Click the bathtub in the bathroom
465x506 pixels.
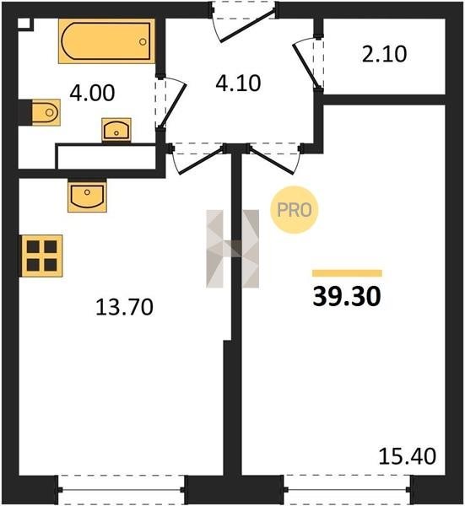(x=106, y=41)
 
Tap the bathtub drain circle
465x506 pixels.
(x=143, y=41)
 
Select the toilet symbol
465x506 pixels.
(x=46, y=112)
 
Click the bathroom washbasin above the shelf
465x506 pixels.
(x=116, y=130)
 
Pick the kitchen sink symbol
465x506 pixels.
(x=87, y=196)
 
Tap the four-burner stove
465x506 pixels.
(x=42, y=256)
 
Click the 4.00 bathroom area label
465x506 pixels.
(x=92, y=93)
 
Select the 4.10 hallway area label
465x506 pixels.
(x=238, y=83)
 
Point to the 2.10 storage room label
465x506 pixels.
(x=384, y=54)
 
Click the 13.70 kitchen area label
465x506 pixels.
(x=124, y=307)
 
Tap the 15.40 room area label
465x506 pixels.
(x=408, y=456)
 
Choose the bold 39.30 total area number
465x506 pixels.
(x=347, y=297)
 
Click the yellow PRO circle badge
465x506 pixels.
(x=295, y=210)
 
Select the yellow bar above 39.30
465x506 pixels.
(x=347, y=273)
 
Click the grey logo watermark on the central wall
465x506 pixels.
(x=233, y=249)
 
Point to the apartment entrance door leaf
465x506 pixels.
(x=248, y=26)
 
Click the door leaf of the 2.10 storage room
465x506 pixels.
(x=305, y=66)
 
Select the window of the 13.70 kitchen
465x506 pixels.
(x=121, y=489)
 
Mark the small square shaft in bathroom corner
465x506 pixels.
(x=24, y=24)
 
